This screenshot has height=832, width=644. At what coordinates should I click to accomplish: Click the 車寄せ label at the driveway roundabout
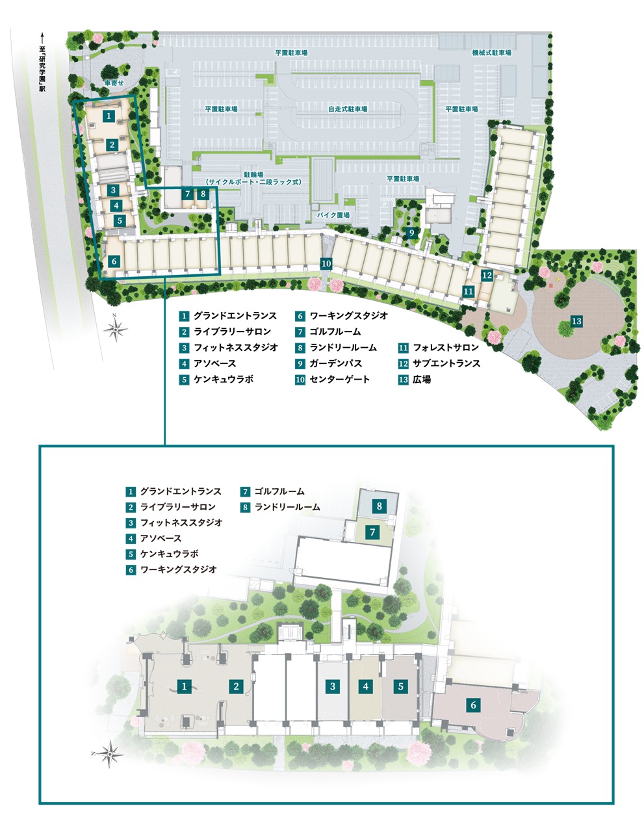pos(114,83)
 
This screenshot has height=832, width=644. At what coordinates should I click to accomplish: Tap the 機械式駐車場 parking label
pos(491,53)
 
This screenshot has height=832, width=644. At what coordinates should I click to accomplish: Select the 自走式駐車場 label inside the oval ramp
pos(348,109)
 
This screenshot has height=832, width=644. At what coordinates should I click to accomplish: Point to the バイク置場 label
pos(333,215)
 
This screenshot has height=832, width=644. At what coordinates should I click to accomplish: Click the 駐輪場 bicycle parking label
pos(253,178)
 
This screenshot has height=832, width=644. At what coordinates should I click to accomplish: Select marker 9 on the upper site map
pos(411,233)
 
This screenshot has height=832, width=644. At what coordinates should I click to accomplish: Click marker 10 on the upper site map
pos(326,263)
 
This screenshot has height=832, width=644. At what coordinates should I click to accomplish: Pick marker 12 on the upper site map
pos(487,276)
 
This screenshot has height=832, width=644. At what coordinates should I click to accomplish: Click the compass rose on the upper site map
pos(115,330)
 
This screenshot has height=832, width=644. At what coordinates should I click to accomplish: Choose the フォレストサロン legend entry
pos(439,348)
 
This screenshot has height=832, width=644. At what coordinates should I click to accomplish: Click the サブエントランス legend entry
pos(440,363)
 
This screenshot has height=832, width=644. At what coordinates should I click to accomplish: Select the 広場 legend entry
pos(415,379)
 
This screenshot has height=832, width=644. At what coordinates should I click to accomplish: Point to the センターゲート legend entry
pos(333,379)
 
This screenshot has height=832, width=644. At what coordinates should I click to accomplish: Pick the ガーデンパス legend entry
pos(329,363)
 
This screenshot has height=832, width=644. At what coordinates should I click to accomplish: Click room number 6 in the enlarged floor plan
pos(473,705)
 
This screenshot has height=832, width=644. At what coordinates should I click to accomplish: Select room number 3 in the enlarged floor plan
pos(333,686)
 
